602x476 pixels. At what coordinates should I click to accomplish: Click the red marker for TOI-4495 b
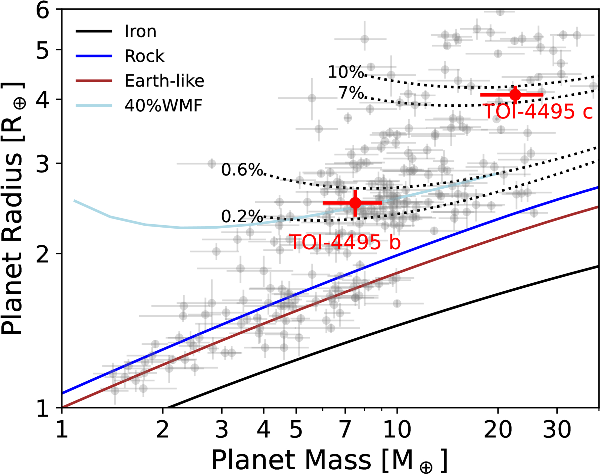[x=355, y=203]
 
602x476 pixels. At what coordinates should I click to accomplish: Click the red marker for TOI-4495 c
[x=515, y=95]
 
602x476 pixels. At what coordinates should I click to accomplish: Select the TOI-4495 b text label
[x=345, y=242]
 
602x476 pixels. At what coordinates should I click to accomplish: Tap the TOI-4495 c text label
[x=538, y=111]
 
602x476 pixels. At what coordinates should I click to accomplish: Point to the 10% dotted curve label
[x=345, y=72]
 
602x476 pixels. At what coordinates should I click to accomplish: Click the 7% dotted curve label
[x=351, y=93]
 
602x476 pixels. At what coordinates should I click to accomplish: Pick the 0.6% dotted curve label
[x=242, y=170]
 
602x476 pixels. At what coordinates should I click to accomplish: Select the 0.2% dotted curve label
[x=242, y=217]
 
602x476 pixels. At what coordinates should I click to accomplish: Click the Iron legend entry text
[x=140, y=31]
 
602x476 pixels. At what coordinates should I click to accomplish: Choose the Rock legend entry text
[x=144, y=56]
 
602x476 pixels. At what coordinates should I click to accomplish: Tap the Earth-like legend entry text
[x=164, y=81]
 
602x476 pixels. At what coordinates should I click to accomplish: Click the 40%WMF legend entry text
[x=164, y=106]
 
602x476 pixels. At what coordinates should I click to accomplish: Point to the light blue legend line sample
[x=94, y=106]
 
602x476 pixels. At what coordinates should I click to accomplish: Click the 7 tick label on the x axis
[x=345, y=429]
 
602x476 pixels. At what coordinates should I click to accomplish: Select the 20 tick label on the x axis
[x=498, y=429]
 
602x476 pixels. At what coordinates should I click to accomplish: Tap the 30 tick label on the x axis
[x=557, y=429]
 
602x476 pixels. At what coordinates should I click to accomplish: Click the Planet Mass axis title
[x=329, y=460]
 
